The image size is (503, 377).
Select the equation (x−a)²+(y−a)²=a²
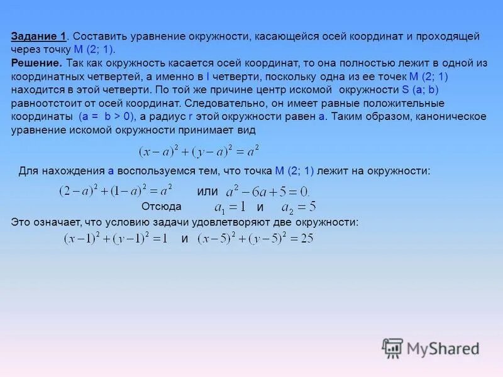(x=199, y=151)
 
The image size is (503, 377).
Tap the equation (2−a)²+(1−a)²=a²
(x=116, y=190)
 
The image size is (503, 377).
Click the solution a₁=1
(x=229, y=207)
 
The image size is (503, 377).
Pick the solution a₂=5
(x=298, y=207)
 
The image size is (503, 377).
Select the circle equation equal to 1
(x=116, y=239)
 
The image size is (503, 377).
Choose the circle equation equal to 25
(x=255, y=239)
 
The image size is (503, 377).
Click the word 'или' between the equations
(x=207, y=191)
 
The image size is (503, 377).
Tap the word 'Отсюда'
(x=162, y=207)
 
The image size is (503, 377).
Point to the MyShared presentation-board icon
(x=392, y=347)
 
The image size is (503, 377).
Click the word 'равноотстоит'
(x=43, y=104)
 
